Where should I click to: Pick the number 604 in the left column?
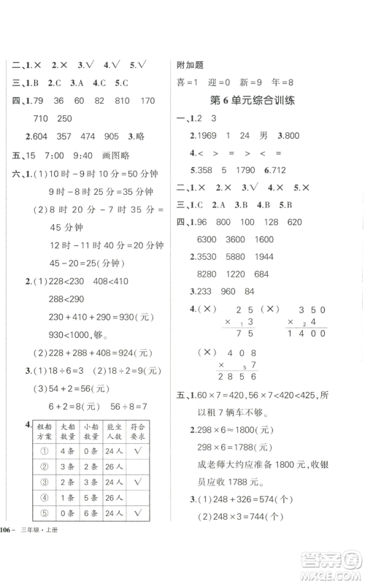point(41,136)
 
